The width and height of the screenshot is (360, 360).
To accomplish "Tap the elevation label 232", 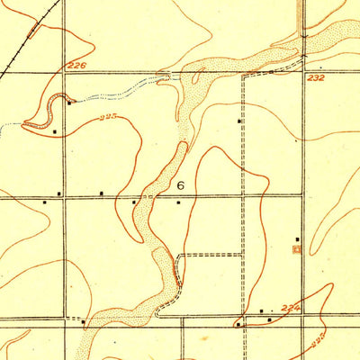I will click(314, 80).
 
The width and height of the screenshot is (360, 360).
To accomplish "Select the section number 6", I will click(181, 185).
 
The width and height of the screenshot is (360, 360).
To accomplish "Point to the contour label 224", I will click(289, 308).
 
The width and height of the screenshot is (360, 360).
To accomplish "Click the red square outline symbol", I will click(298, 249).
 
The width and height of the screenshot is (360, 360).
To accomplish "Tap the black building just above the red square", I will click(297, 239).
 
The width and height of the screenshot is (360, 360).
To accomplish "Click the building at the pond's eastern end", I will click(68, 103).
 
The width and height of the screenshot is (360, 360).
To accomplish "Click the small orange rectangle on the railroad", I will click(33, 29).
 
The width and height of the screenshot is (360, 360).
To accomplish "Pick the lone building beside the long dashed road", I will click(239, 121).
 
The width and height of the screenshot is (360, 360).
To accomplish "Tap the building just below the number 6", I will click(178, 202).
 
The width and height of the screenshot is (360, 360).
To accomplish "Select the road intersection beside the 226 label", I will click(63, 72).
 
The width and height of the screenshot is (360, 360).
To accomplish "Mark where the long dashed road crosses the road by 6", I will click(242, 193).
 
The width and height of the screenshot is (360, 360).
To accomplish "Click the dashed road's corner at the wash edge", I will click(179, 256).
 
